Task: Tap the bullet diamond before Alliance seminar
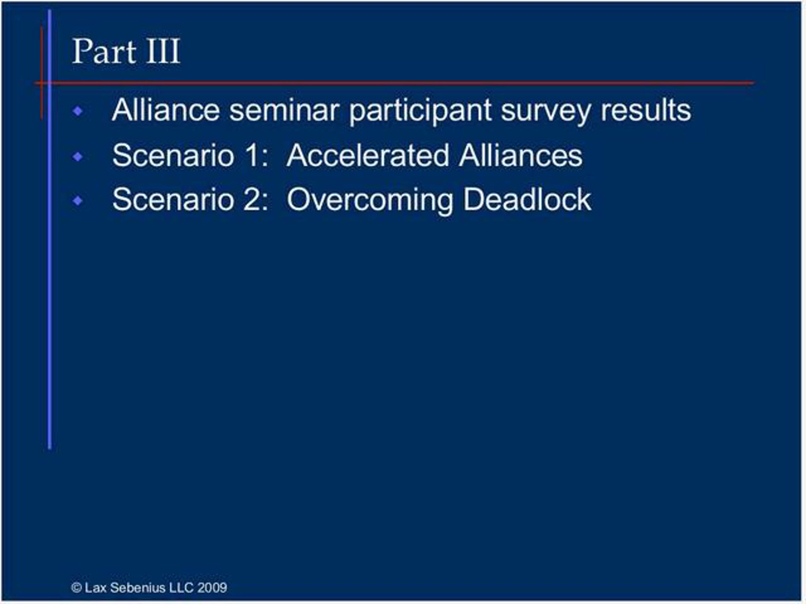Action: tap(78, 111)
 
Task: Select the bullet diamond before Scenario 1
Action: tap(78, 157)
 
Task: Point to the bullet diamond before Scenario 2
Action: tap(78, 201)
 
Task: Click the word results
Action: tap(646, 110)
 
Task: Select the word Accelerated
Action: tap(368, 155)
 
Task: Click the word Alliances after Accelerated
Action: tap(521, 155)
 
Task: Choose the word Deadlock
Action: tap(527, 200)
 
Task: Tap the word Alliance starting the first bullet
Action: tap(166, 110)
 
